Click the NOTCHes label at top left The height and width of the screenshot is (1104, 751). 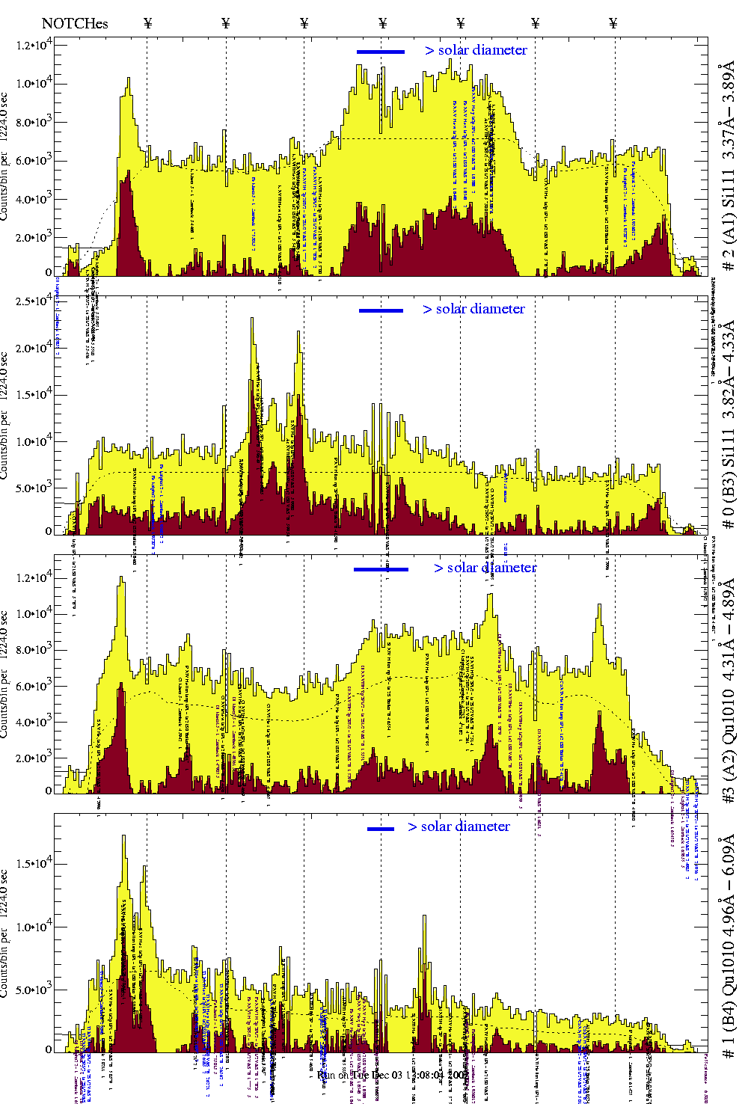click(x=75, y=24)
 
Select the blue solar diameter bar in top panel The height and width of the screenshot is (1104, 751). click(x=380, y=52)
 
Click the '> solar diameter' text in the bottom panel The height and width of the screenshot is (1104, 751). click(x=459, y=827)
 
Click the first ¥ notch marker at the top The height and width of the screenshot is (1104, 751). click(x=147, y=23)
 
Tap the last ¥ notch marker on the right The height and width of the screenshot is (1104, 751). click(x=613, y=23)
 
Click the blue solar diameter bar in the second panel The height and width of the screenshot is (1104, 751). click(x=381, y=310)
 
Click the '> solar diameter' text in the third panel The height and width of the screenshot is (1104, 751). click(x=485, y=568)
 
